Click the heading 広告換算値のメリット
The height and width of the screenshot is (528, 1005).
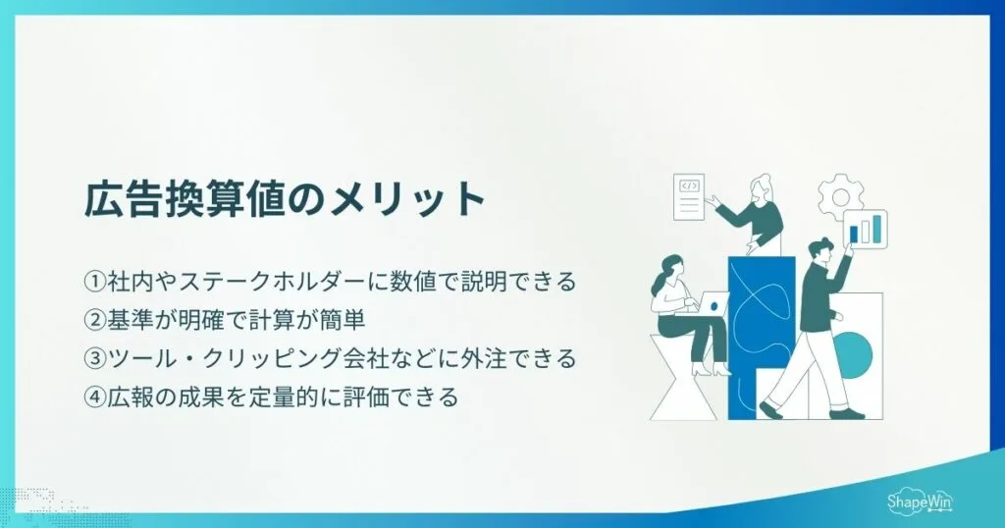(x=285, y=200)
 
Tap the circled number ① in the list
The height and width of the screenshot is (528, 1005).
(x=93, y=281)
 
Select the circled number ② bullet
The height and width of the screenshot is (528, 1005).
(x=93, y=320)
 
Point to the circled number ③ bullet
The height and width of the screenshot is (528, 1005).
(x=93, y=359)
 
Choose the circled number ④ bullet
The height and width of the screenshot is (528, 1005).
(x=93, y=398)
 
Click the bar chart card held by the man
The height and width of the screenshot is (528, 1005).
(x=866, y=229)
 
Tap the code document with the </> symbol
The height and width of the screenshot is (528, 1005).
(x=690, y=196)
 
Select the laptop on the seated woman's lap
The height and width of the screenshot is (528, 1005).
(x=714, y=305)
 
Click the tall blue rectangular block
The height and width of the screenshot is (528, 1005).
(x=761, y=334)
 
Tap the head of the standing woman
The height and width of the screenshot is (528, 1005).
(x=763, y=187)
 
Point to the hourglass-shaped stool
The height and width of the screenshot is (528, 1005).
(x=684, y=378)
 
